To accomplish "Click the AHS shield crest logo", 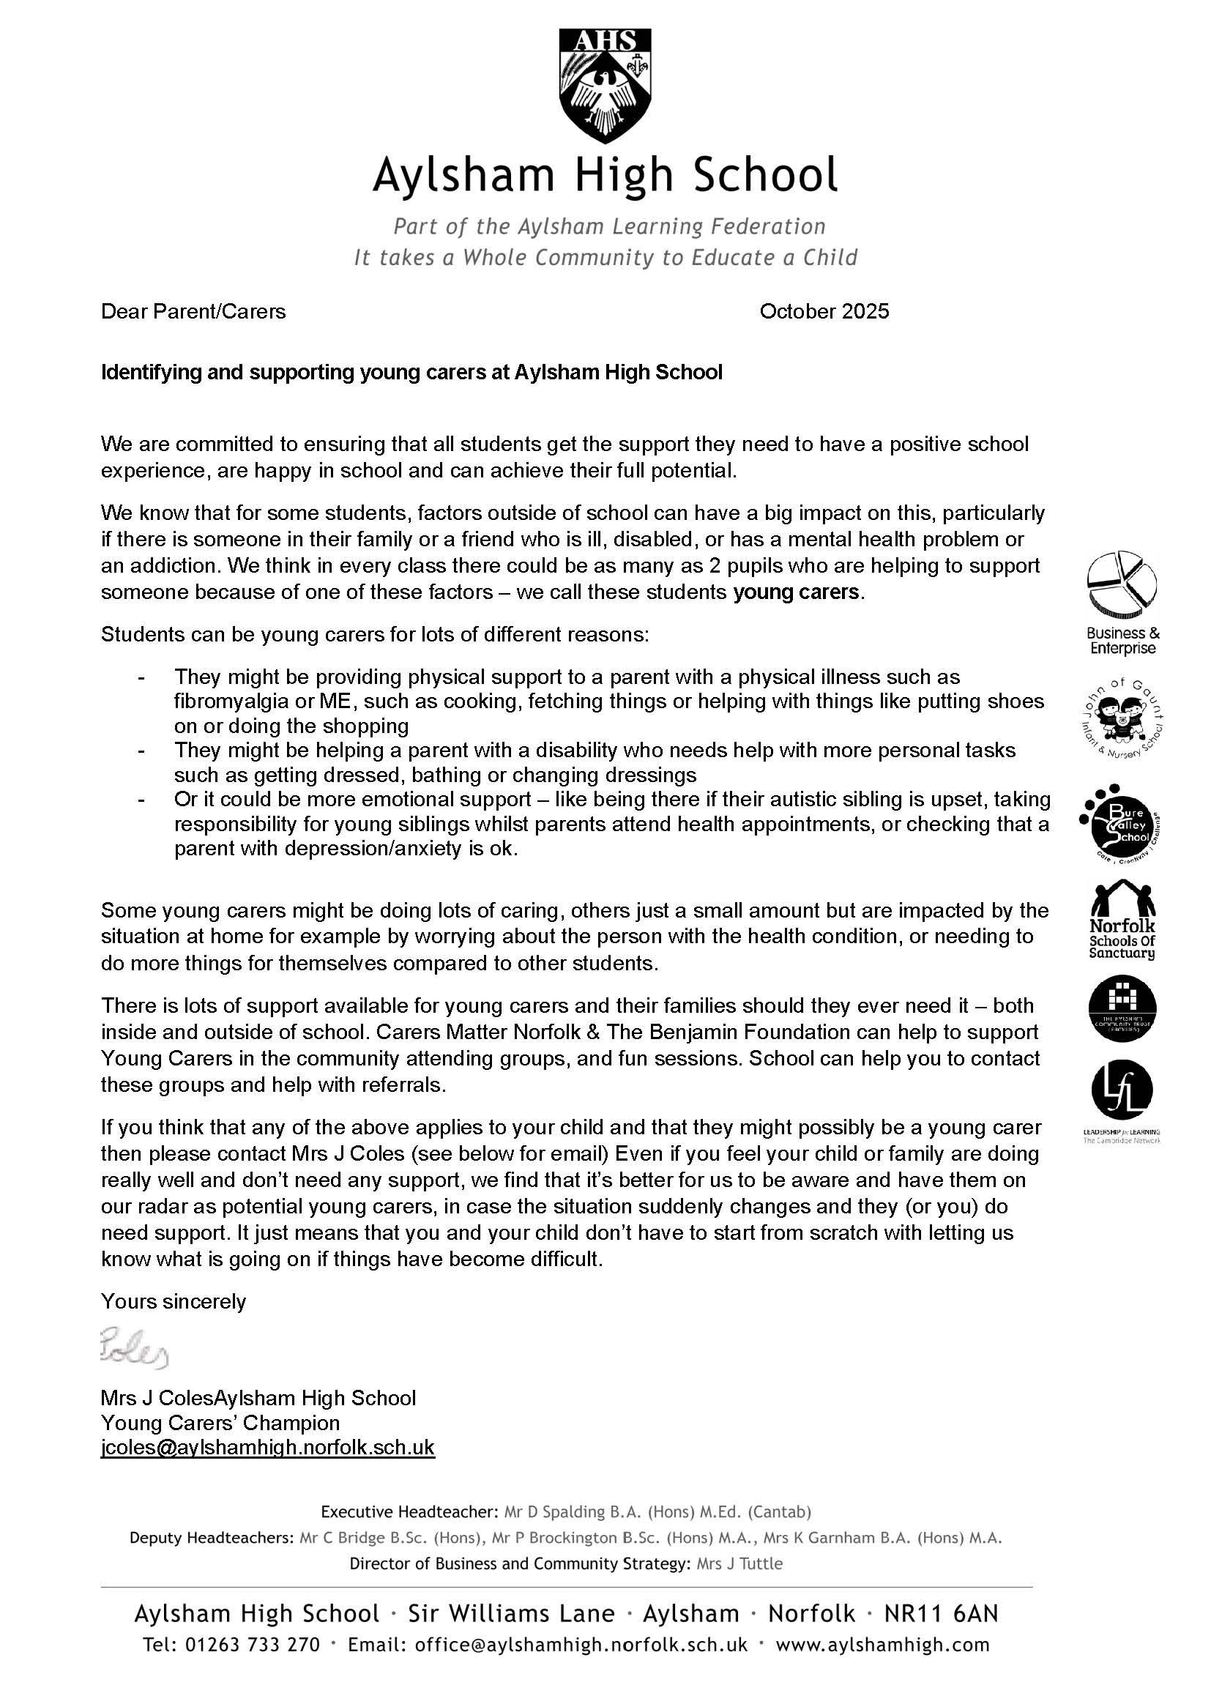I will [605, 86].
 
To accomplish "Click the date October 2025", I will [824, 311].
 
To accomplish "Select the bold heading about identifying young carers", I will [411, 372].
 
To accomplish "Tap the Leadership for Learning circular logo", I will [1122, 1090].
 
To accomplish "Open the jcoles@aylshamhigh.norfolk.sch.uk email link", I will [268, 1448].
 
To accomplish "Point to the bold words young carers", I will [796, 593].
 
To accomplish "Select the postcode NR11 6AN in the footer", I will [940, 1615].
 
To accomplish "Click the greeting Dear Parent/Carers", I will [193, 311].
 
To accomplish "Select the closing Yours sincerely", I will [173, 1302].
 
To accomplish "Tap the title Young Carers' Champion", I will [220, 1422].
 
